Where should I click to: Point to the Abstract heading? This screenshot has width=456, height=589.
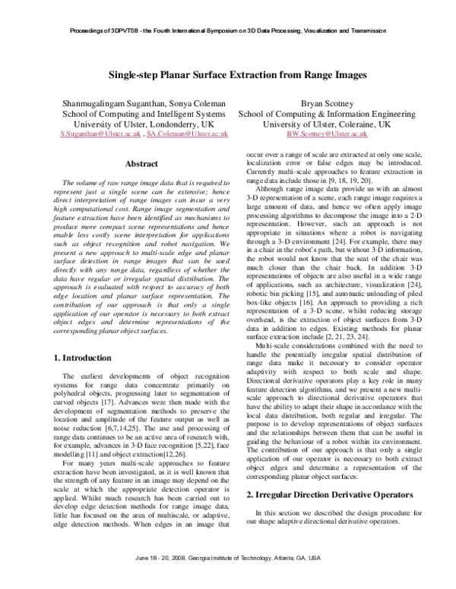pos(141,164)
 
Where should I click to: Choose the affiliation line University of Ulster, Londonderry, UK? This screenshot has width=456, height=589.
pos(142,122)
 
